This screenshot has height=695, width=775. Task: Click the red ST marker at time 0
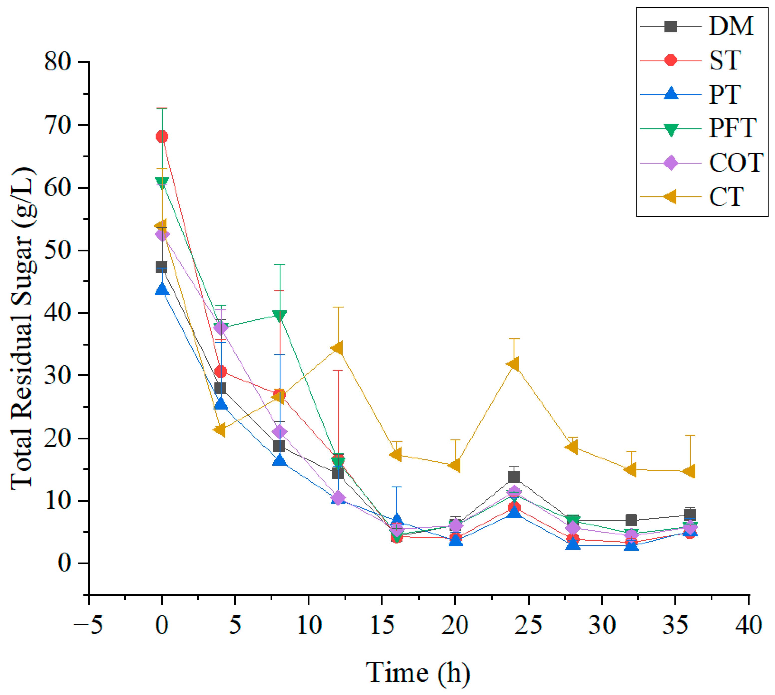[x=162, y=136]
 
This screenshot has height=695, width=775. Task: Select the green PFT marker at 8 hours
[x=279, y=316]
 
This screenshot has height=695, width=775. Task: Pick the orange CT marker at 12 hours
[x=337, y=348]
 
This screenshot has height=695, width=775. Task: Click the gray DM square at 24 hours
[x=514, y=477]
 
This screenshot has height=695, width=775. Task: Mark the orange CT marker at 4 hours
[x=220, y=430]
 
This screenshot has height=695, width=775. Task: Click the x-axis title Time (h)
[x=418, y=673]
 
